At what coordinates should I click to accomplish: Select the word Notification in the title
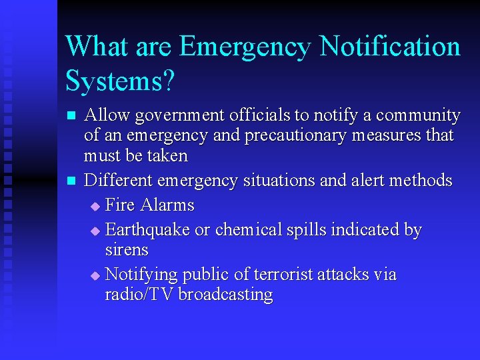click(390, 47)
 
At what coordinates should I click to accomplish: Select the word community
click(418, 116)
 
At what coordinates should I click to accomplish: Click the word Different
click(119, 181)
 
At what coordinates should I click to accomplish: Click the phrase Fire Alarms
click(149, 205)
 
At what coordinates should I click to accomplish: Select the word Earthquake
click(147, 231)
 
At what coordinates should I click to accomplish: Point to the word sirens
click(127, 250)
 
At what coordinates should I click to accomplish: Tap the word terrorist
click(268, 275)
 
